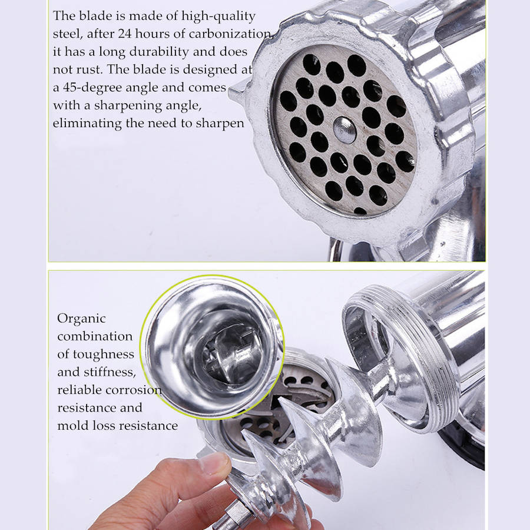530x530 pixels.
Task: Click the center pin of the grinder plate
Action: pyautogui.click(x=344, y=130)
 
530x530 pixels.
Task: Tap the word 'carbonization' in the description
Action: pyautogui.click(x=230, y=34)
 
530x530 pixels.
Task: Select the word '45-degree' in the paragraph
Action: pyautogui.click(x=92, y=88)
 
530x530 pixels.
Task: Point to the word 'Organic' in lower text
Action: pyautogui.click(x=81, y=319)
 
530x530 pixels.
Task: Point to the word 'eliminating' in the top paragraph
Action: pyautogui.click(x=87, y=124)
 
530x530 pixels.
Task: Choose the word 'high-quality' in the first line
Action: pyautogui.click(x=218, y=16)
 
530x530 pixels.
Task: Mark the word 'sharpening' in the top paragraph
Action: pyautogui.click(x=128, y=106)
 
